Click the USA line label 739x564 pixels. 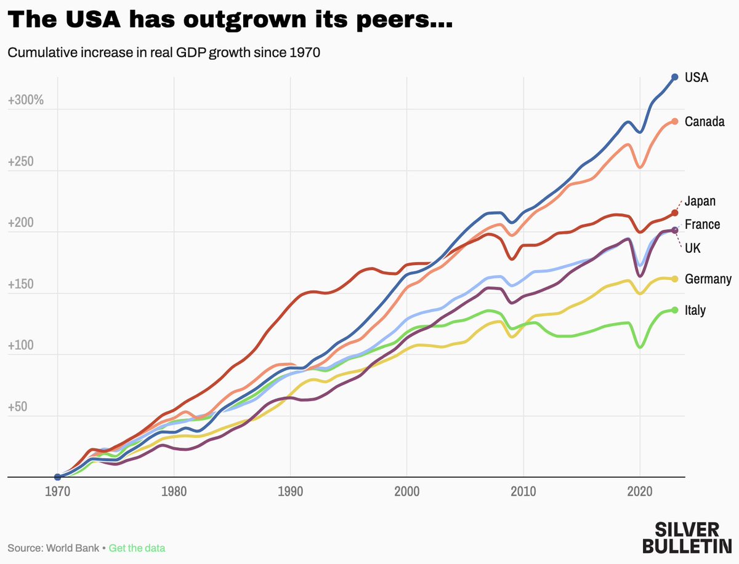tap(697, 77)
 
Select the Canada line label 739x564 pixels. tap(705, 122)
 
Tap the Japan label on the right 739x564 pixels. tap(701, 201)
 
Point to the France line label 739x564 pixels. tap(702, 224)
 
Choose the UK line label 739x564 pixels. tap(693, 248)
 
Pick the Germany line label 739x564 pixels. tap(708, 279)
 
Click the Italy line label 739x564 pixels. tap(695, 311)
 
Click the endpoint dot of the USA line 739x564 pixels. tap(674, 77)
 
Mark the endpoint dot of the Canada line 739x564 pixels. tap(674, 121)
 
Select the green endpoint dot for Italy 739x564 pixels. tap(674, 310)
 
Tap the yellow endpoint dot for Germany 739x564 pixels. tap(674, 279)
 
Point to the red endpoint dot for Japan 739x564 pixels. tap(674, 213)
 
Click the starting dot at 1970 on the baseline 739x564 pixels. tap(57, 477)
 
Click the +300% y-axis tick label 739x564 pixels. tap(25, 101)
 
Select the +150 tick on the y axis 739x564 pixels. tap(22, 285)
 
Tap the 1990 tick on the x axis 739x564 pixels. tap(290, 492)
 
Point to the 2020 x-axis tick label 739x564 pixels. tap(640, 492)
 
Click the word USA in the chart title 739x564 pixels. tap(90, 20)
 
